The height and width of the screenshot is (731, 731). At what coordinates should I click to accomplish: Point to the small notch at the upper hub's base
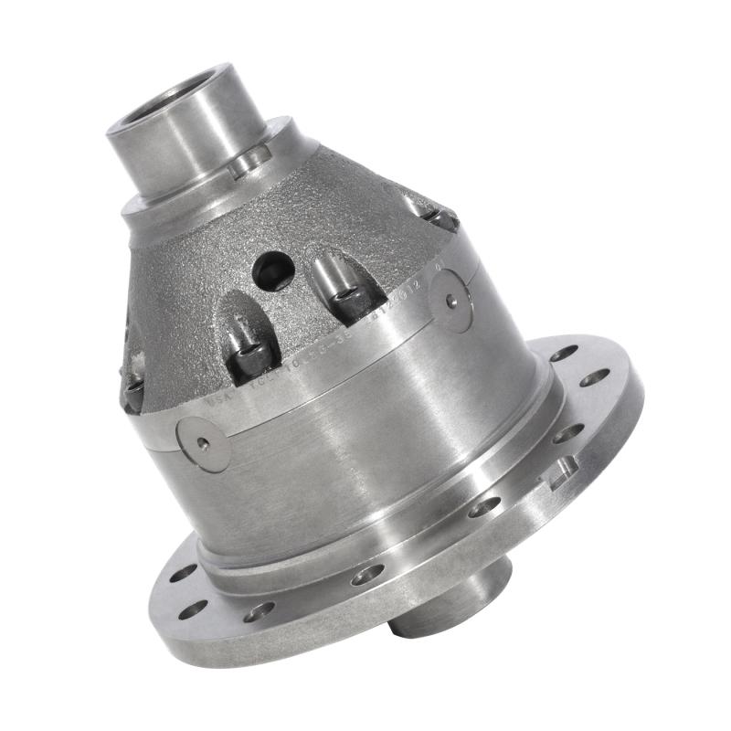click(249, 164)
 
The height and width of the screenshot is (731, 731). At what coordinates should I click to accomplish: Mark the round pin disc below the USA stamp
click(204, 444)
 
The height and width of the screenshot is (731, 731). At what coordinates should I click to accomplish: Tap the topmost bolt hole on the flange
click(564, 352)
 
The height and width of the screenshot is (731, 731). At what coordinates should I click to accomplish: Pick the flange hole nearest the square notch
click(567, 432)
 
